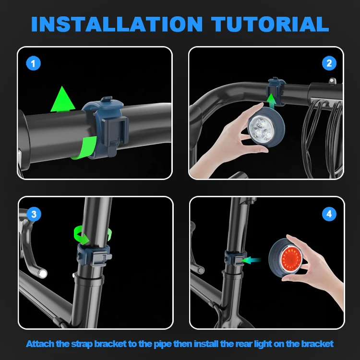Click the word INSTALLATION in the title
tap(117, 24)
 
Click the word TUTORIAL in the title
tap(270, 24)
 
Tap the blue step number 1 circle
tap(33, 63)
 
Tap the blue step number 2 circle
tap(329, 63)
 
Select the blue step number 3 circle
tap(34, 214)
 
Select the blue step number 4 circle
tap(329, 214)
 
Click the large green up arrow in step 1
tap(63, 99)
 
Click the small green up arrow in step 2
tap(272, 101)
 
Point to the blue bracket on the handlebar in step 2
tap(276, 91)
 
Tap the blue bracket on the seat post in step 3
tap(94, 255)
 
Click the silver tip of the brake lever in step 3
tap(43, 274)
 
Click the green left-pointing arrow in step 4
tap(252, 260)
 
